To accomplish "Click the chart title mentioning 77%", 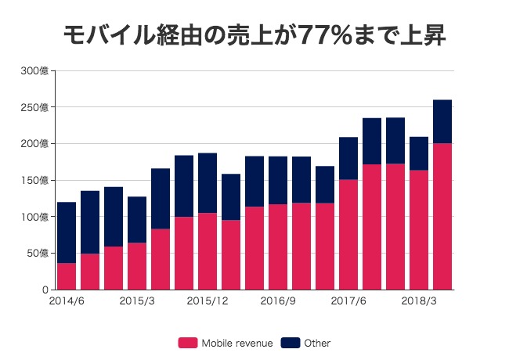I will pyautogui.click(x=254, y=35).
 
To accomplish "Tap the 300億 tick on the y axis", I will pyautogui.click(x=36, y=71).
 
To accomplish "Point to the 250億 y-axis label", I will pyautogui.click(x=36, y=107).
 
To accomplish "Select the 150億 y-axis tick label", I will pyautogui.click(x=36, y=180).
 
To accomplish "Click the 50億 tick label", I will pyautogui.click(x=38, y=253).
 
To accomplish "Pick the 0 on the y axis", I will pyautogui.click(x=46, y=290).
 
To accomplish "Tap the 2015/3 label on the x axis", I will pyautogui.click(x=137, y=301).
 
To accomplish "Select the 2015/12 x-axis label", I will pyautogui.click(x=208, y=301).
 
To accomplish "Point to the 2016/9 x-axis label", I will pyautogui.click(x=278, y=301).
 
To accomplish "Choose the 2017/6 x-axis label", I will pyautogui.click(x=348, y=301).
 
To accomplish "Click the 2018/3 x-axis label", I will pyautogui.click(x=419, y=301).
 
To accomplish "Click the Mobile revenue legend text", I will pyautogui.click(x=237, y=343).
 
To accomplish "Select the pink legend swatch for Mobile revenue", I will pyautogui.click(x=188, y=343).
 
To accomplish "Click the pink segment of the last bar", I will pyautogui.click(x=442, y=216).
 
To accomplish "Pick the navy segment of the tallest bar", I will pyautogui.click(x=442, y=121).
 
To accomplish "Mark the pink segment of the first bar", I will pyautogui.click(x=67, y=276).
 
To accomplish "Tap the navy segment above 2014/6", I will pyautogui.click(x=67, y=232).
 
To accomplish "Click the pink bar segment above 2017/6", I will pyautogui.click(x=348, y=235).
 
